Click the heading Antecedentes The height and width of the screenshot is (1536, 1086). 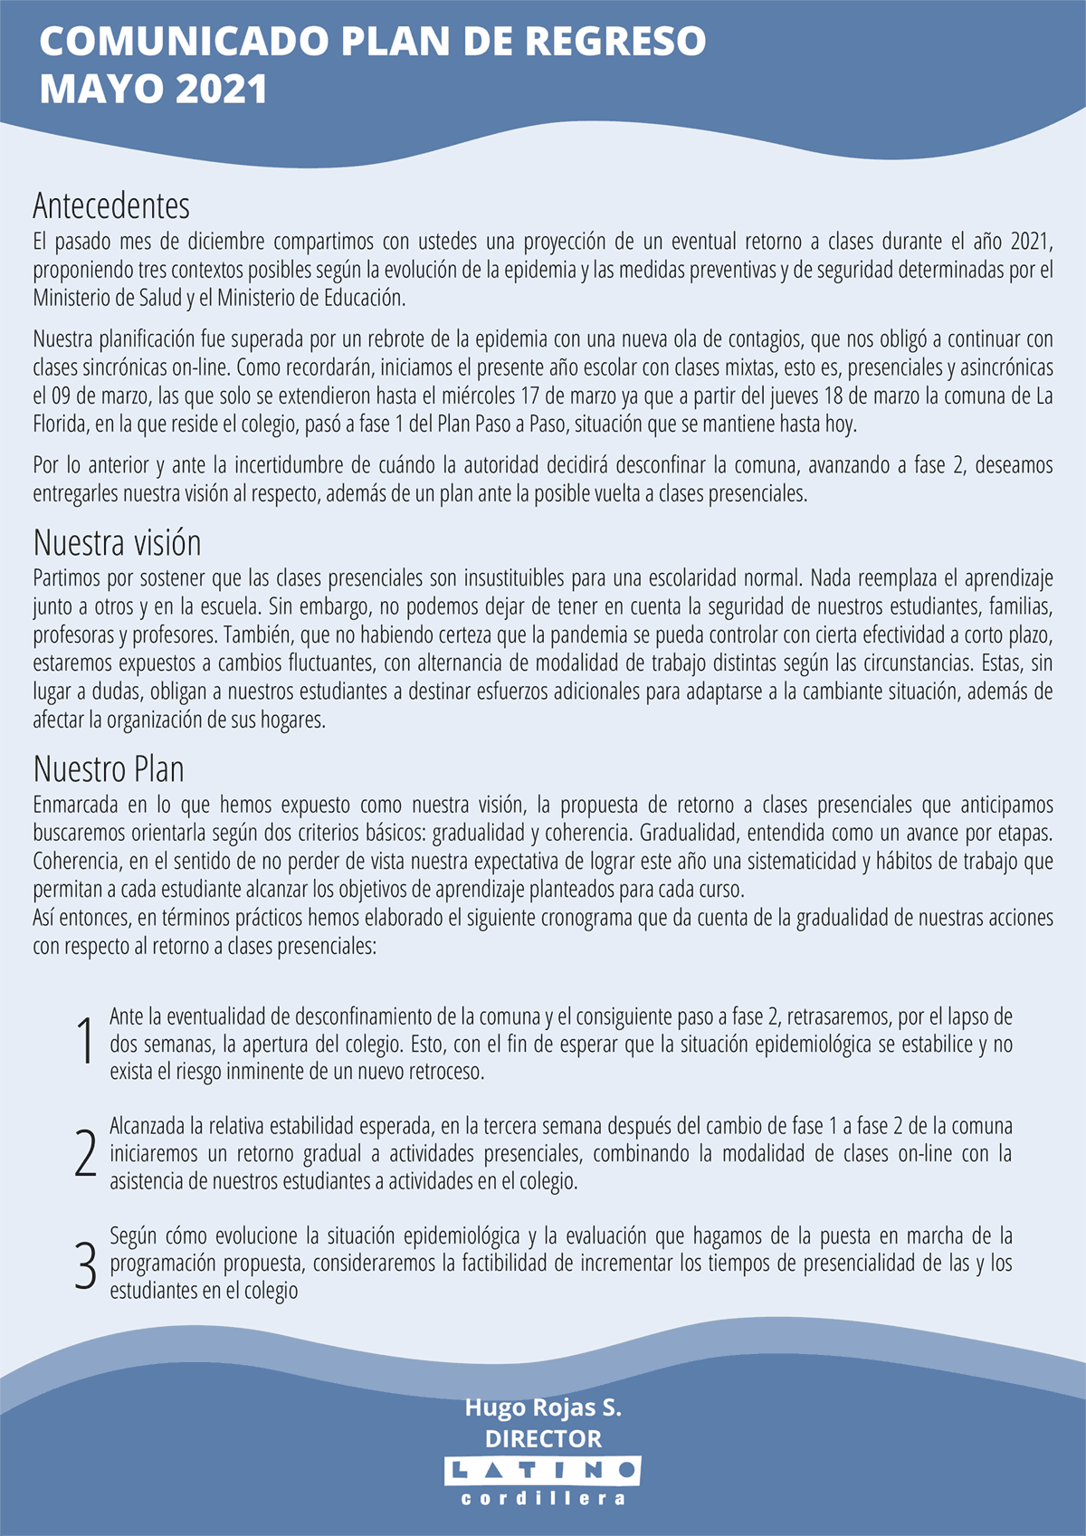click(111, 206)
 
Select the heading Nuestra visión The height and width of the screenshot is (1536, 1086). click(117, 543)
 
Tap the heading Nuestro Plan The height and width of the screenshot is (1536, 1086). click(109, 769)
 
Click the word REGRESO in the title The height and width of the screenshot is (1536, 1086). click(615, 42)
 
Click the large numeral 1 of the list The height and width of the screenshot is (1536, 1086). click(85, 1042)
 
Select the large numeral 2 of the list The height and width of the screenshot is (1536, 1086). click(85, 1153)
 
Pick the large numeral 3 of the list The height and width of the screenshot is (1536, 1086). click(85, 1265)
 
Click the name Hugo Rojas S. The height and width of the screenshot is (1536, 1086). click(543, 1407)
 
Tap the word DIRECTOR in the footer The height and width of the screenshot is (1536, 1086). click(543, 1438)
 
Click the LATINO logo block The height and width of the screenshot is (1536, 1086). click(543, 1471)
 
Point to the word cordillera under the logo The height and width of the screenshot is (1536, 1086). click(543, 1499)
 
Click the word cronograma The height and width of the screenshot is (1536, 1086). click(587, 919)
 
